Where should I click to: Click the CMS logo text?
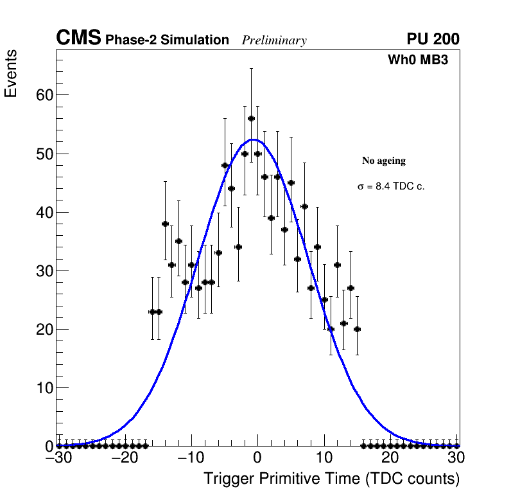(x=78, y=39)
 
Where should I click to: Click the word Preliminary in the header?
(x=274, y=40)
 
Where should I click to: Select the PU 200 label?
(x=433, y=39)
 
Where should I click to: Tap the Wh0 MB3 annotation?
(x=417, y=60)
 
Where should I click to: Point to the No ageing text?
(x=384, y=161)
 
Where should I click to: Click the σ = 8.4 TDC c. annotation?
(x=391, y=186)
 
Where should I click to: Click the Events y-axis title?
(x=11, y=73)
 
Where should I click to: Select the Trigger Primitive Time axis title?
(x=331, y=479)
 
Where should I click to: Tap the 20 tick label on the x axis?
(x=390, y=459)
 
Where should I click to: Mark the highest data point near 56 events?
(x=251, y=118)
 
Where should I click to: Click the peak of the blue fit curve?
(x=254, y=139)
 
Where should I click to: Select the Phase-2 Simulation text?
(x=167, y=40)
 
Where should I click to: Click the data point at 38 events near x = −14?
(x=165, y=224)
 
